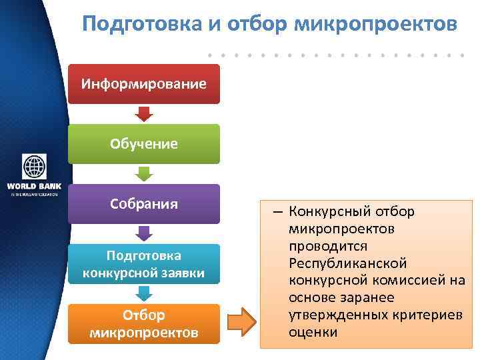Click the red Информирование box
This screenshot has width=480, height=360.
pyautogui.click(x=143, y=84)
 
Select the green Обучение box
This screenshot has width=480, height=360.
pyautogui.click(x=143, y=143)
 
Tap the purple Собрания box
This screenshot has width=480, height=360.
pyautogui.click(x=143, y=203)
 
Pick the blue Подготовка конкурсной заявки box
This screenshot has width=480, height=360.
pyautogui.click(x=143, y=264)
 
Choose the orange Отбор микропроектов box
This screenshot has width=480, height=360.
pyautogui.click(x=143, y=323)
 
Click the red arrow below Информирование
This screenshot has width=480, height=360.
pyautogui.click(x=144, y=113)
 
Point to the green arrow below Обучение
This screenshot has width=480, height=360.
pyautogui.click(x=144, y=173)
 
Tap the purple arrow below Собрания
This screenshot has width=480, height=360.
pyautogui.click(x=144, y=233)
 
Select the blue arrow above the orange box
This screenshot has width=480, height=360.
pyautogui.click(x=144, y=293)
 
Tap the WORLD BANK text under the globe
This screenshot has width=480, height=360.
pyautogui.click(x=34, y=186)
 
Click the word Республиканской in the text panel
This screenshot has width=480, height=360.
pyautogui.click(x=347, y=263)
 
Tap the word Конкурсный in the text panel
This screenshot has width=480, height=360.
pyautogui.click(x=327, y=211)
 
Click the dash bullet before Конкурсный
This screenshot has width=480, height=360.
pyautogui.click(x=277, y=212)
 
